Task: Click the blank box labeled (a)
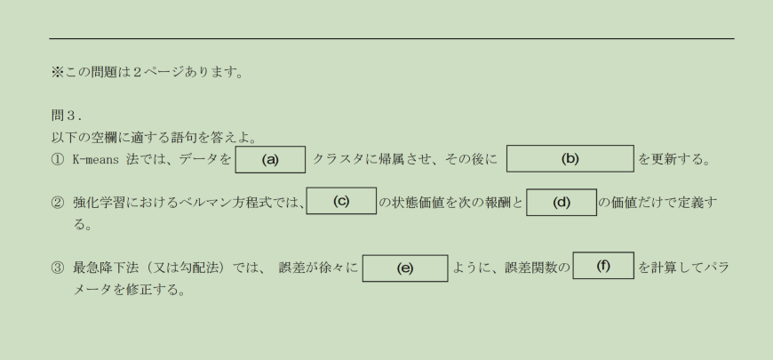tap(270, 160)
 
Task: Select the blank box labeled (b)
tap(570, 159)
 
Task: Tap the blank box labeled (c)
tap(341, 201)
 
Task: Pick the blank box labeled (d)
tap(561, 202)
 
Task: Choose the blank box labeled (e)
tap(404, 268)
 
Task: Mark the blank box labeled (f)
tap(603, 265)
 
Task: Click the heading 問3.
tap(67, 116)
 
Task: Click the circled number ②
tap(58, 204)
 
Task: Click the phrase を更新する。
tap(673, 161)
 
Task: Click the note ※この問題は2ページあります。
tap(147, 73)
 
